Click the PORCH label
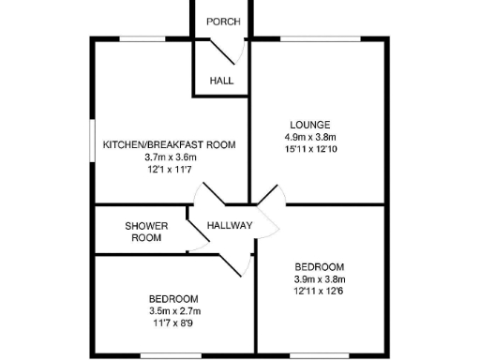[x=221, y=22]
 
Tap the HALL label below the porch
[x=221, y=81]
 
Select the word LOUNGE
[x=309, y=125]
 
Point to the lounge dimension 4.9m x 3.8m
[x=309, y=137]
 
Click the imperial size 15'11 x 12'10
[x=309, y=149]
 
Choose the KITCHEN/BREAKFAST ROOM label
[x=169, y=145]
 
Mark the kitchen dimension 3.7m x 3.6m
[x=169, y=157]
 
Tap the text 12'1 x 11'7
[x=169, y=170]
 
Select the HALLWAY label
[x=230, y=226]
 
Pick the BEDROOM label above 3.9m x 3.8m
[x=320, y=266]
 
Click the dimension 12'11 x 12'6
[x=320, y=291]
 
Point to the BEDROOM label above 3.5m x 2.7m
[x=174, y=298]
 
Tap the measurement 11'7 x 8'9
[x=174, y=322]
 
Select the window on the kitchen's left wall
[x=91, y=145]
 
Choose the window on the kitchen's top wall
[x=142, y=38]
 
